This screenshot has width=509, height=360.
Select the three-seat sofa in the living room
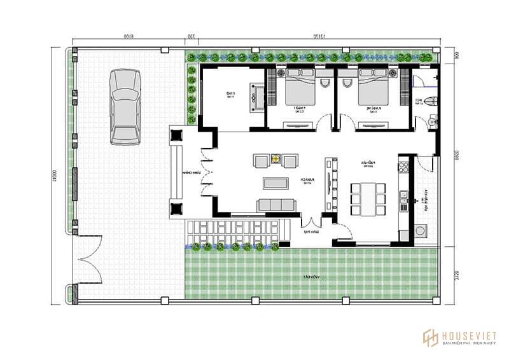[276, 204]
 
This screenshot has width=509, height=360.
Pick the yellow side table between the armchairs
[276, 160]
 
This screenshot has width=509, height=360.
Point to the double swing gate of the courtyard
[88, 260]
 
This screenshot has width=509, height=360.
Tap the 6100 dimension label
[128, 38]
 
